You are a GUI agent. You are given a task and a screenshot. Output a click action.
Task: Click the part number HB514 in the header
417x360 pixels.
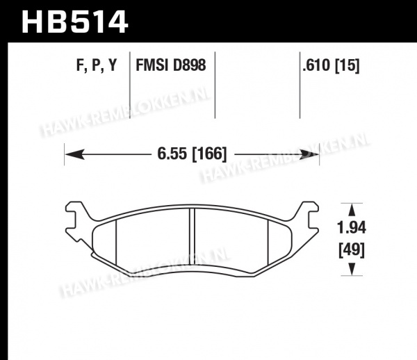click(x=75, y=22)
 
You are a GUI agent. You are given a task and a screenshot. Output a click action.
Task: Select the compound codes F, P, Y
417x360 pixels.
click(x=97, y=65)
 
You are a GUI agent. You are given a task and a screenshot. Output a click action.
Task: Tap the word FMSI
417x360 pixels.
click(x=153, y=65)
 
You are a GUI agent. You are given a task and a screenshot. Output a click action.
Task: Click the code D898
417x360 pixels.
click(x=190, y=65)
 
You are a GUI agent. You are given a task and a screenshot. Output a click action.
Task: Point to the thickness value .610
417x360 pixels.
click(x=316, y=65)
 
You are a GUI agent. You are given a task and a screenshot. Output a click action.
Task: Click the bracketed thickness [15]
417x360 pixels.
click(x=347, y=65)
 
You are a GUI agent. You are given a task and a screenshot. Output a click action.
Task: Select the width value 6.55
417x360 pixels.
click(x=172, y=154)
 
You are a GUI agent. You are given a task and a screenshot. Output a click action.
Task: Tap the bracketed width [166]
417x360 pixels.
click(x=210, y=154)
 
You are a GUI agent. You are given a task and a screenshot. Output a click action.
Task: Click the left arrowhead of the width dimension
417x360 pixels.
click(x=75, y=154)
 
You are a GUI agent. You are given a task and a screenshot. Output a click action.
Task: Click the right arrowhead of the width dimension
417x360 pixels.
click(x=309, y=154)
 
